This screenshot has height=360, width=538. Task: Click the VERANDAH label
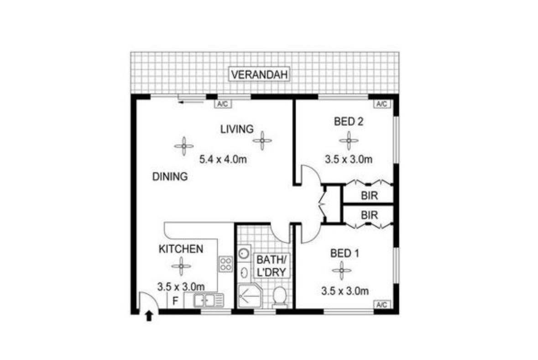coord(259,74)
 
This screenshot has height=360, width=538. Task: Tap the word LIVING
coord(237,129)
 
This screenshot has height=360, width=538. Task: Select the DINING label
coord(170,177)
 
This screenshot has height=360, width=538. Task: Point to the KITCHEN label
coord(181,249)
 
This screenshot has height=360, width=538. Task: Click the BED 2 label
coord(348,121)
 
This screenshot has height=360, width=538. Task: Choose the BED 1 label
coord(345,254)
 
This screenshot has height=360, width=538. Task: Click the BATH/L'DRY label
coord(272,266)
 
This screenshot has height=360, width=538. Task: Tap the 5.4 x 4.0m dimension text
coord(223,159)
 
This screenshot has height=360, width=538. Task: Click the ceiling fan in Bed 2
coord(349,141)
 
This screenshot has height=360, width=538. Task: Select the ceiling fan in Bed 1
coord(342,271)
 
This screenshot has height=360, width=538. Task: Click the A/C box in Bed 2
coord(381,104)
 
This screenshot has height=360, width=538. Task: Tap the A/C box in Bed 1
coord(381,304)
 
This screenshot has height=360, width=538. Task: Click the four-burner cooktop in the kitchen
coord(226,264)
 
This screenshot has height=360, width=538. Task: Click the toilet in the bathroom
coord(280,297)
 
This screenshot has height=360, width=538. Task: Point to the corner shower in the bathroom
coord(250,296)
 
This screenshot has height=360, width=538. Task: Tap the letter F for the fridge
coord(175,301)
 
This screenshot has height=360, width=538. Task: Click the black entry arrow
coord(149,315)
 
